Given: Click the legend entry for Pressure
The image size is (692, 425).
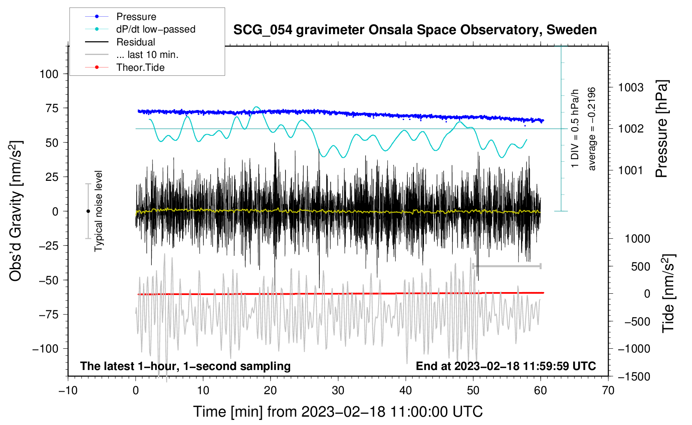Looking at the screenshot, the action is pos(121,16).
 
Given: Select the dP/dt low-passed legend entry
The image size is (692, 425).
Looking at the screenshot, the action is pos(140,29).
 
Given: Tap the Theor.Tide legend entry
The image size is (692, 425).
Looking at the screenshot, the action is pos(125,67).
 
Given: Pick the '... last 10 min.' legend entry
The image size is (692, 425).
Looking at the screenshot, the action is pos(132,55).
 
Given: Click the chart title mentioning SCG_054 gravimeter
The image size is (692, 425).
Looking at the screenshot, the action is pos(415,30).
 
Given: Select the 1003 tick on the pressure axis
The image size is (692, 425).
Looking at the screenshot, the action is pos(631,88).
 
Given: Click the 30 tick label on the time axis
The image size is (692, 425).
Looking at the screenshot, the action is pos(338,391).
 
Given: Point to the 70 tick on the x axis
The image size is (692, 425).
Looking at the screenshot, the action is pos(608,391).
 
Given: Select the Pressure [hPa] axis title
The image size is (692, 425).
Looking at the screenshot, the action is pos(662,129).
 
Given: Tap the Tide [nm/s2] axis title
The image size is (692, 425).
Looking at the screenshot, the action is pos(669,293).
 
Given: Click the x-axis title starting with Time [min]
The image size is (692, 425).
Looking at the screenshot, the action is pos(338,412).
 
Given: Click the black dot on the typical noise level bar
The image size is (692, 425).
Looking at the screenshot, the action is pos(88,211).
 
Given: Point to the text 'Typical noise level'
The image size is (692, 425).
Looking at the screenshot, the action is pos(98,211).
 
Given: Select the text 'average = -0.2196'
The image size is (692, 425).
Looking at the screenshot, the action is pos(592,129).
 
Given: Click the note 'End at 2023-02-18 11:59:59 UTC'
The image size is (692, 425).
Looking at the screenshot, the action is pos(506,366).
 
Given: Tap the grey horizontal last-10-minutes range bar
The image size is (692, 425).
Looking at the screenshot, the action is pos(506,266).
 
